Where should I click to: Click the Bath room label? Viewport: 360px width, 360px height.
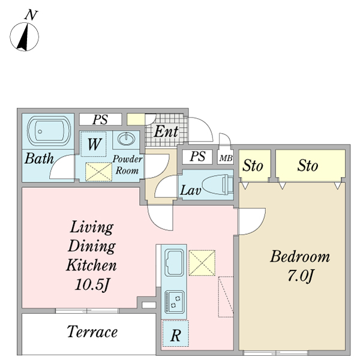(39, 160)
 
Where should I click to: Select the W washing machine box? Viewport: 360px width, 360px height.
(94, 145)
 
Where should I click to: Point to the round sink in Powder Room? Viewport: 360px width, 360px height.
(126, 140)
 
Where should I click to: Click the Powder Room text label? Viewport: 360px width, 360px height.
(127, 165)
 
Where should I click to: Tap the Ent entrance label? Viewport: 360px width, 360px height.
(166, 131)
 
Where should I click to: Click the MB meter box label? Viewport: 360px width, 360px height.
(226, 158)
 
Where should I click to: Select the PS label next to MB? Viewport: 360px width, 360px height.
(197, 157)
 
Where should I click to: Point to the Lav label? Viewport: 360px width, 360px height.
(190, 191)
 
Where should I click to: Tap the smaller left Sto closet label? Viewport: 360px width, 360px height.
(253, 166)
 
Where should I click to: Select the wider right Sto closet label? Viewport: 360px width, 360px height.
(308, 165)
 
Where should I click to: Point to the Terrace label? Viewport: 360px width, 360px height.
(92, 332)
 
